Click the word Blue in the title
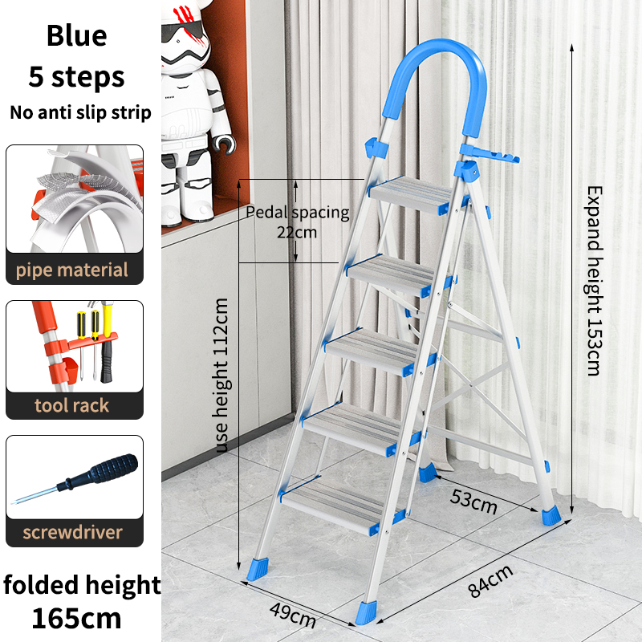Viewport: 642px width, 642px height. click(76, 35)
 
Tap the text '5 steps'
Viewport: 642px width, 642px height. click(76, 76)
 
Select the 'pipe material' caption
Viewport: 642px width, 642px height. click(72, 270)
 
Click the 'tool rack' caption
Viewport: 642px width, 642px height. click(72, 405)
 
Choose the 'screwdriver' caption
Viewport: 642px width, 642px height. click(72, 532)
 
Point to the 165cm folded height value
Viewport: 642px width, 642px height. click(76, 618)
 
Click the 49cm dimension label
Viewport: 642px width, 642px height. click(293, 615)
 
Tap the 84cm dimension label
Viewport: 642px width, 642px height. click(490, 580)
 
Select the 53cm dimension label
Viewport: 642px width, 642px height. click(473, 502)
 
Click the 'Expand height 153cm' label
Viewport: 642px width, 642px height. click(595, 280)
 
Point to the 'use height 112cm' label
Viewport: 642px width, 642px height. click(221, 376)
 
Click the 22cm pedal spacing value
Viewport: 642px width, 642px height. click(297, 233)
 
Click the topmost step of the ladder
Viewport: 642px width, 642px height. click(413, 195)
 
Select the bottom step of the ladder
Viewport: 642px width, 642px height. click(335, 507)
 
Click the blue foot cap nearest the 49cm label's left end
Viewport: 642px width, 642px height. click(258, 569)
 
